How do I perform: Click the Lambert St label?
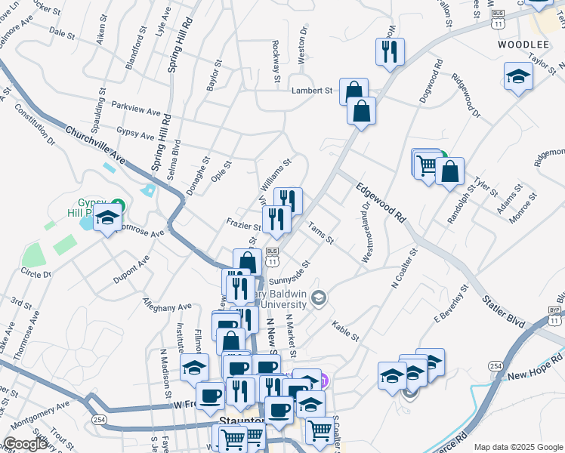(312, 91)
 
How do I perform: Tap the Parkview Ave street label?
(137, 107)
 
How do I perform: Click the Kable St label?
(344, 329)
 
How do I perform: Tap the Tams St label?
(320, 233)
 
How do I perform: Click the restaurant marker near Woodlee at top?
(390, 51)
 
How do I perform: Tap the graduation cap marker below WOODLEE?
(518, 75)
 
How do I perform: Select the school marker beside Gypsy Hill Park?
(108, 218)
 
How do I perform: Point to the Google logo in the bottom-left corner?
(25, 445)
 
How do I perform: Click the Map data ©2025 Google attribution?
(517, 447)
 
